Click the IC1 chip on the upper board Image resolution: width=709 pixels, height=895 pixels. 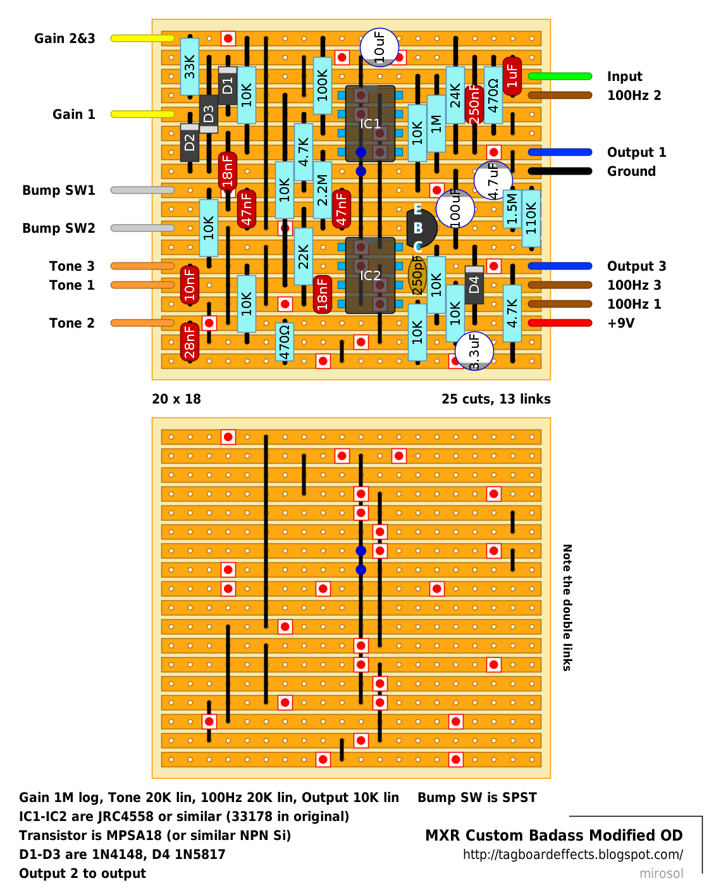click(x=369, y=123)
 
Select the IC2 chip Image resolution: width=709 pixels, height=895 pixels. click(x=369, y=275)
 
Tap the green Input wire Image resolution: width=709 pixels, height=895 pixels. click(x=560, y=76)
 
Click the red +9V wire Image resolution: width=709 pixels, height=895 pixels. click(x=560, y=323)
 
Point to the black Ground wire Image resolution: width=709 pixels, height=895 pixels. click(x=560, y=171)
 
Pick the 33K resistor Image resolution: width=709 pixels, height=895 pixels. click(x=190, y=66)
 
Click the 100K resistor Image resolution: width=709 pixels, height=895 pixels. click(x=323, y=85)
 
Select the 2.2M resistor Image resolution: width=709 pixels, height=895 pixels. click(x=323, y=190)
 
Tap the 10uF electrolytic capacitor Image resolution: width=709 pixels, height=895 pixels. click(x=379, y=48)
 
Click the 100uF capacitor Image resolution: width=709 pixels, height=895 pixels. click(x=455, y=209)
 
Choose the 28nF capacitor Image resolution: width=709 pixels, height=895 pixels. click(x=190, y=342)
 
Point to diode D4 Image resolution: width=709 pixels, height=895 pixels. click(x=474, y=285)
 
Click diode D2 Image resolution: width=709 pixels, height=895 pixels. click(x=190, y=143)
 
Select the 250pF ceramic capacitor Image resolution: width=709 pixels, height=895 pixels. click(x=417, y=275)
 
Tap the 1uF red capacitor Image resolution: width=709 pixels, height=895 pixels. click(x=512, y=76)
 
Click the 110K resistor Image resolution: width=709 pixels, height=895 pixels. click(x=531, y=218)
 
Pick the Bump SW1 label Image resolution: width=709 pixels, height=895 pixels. click(x=59, y=190)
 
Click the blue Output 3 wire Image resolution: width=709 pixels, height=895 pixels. click(x=560, y=266)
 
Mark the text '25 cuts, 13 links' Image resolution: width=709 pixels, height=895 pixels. click(x=496, y=399)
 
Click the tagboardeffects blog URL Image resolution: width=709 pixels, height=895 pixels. click(x=573, y=855)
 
